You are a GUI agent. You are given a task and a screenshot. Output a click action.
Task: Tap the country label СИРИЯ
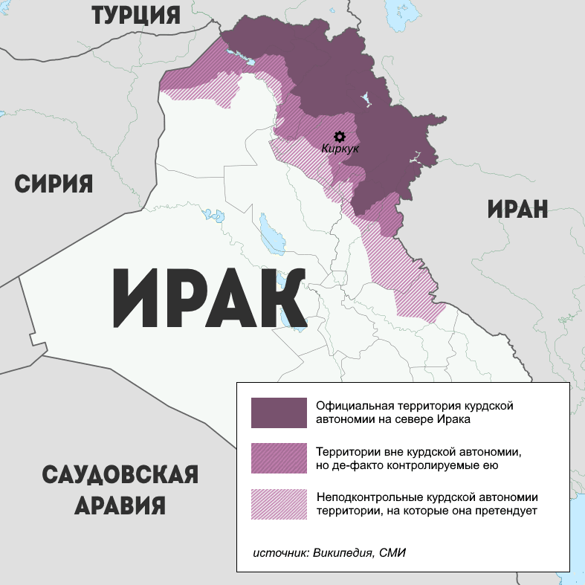54,184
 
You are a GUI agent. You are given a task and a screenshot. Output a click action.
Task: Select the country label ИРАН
517,209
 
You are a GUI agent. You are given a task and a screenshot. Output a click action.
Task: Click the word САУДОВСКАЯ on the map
120,475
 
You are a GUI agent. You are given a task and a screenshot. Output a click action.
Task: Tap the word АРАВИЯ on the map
120,506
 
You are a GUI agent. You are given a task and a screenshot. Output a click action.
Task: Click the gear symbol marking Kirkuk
340,136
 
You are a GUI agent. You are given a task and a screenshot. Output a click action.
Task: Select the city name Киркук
340,149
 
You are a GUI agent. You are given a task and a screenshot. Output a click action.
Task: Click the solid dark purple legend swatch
279,413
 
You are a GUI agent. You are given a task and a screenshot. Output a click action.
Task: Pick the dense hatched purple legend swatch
279,459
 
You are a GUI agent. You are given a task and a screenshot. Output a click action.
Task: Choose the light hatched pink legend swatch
279,504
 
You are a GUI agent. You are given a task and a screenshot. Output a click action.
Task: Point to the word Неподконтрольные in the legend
363,497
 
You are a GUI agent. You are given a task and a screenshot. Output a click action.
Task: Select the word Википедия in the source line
343,553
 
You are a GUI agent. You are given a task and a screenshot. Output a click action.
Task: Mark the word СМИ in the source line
394,553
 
